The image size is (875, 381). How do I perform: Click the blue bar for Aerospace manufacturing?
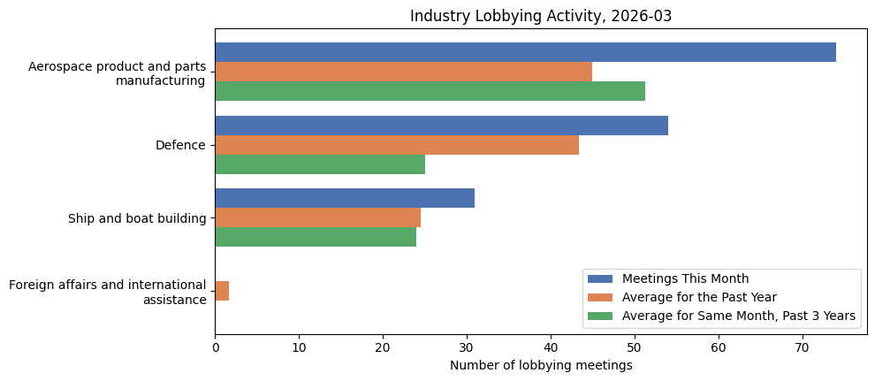coord(525,52)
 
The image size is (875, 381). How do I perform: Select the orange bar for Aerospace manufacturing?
coord(403,72)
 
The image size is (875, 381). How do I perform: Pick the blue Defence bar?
coord(441,126)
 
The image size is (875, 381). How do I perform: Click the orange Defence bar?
coord(397,145)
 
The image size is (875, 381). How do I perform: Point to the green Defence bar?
coord(320,164)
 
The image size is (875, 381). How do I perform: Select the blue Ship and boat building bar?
coord(345,198)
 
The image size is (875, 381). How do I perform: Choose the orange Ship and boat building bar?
coord(317,217)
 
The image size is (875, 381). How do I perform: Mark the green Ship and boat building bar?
coord(316,237)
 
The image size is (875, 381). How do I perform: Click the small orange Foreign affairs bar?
coord(222,291)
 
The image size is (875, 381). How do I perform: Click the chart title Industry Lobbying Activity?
coord(541,16)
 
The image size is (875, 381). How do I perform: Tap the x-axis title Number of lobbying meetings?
coord(541,365)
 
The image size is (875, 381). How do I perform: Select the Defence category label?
coord(180,145)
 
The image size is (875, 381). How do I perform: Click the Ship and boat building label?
coord(137,218)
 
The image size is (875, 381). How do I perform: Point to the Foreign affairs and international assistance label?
coord(107,292)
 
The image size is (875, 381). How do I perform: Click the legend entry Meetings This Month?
coord(685,279)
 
